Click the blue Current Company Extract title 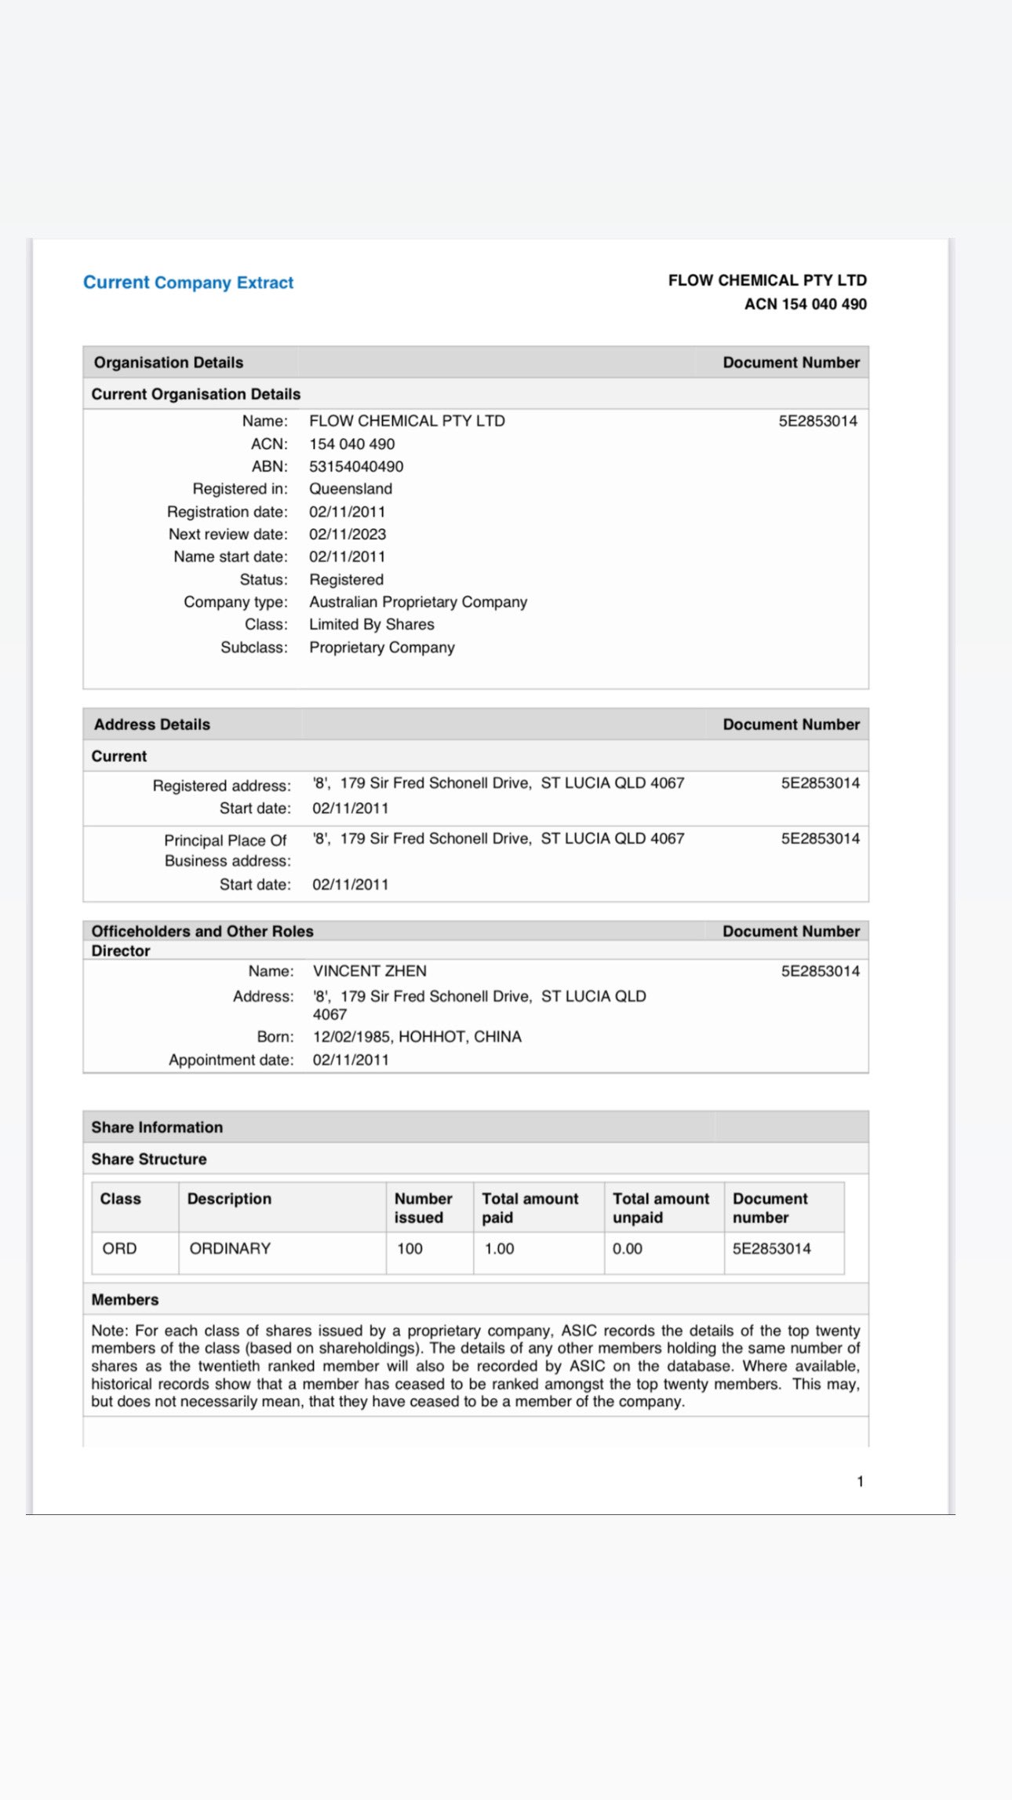click(x=188, y=283)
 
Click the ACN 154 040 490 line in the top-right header click(x=805, y=305)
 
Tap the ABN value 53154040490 click(x=356, y=466)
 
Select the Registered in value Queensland click(x=351, y=488)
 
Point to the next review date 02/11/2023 click(x=348, y=534)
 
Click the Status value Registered click(x=346, y=579)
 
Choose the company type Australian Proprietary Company click(x=418, y=602)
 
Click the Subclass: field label click(x=254, y=648)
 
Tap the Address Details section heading click(x=152, y=725)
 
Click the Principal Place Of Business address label click(x=227, y=850)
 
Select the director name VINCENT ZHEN click(x=369, y=971)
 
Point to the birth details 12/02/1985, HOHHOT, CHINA click(x=417, y=1036)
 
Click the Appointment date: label click(x=231, y=1060)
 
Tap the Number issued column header click(x=424, y=1207)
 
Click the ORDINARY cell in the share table click(x=230, y=1248)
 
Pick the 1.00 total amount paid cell click(x=499, y=1248)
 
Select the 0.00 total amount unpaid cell click(x=628, y=1248)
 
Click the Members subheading click(x=125, y=1299)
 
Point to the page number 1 click(x=860, y=1481)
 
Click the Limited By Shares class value click(x=372, y=625)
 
